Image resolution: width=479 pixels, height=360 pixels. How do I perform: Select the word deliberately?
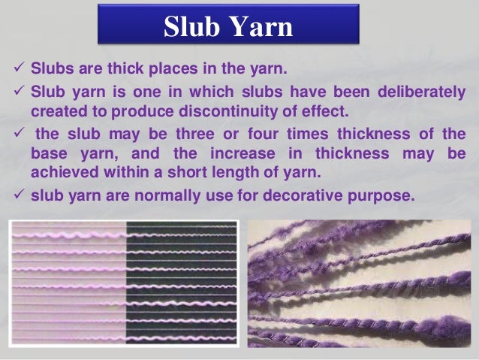point(416,94)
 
